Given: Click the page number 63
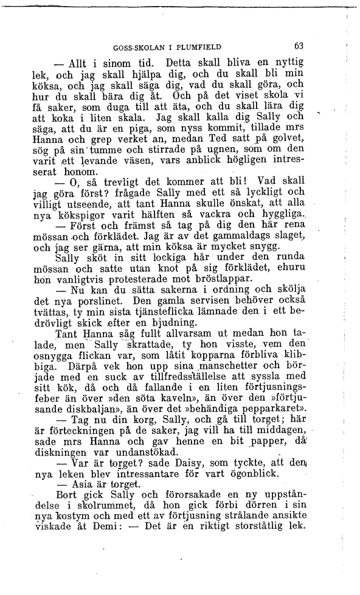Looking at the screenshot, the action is pyautogui.click(x=298, y=46).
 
